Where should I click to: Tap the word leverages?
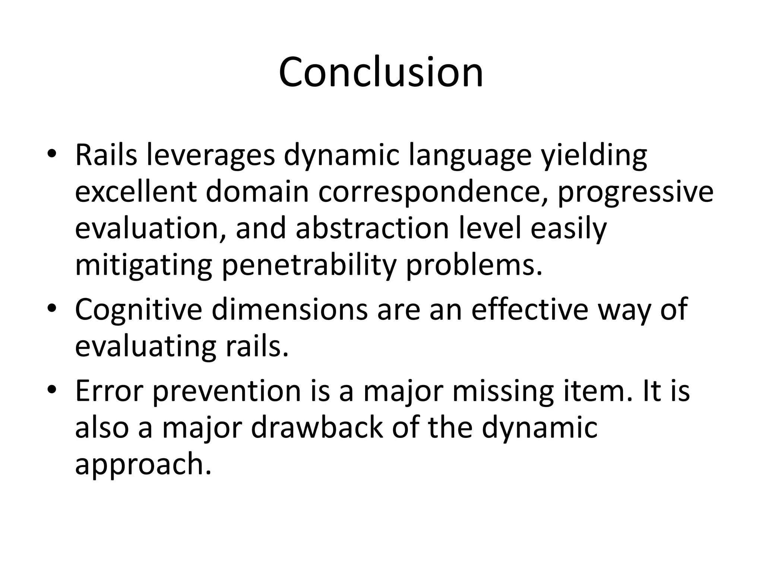(211, 155)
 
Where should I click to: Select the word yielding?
(594, 155)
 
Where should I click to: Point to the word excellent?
(136, 192)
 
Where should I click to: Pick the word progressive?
(635, 192)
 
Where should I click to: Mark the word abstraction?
(372, 228)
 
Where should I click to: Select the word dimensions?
(289, 310)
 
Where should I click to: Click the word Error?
(109, 391)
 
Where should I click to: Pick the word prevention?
(227, 391)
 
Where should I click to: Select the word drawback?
(317, 428)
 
